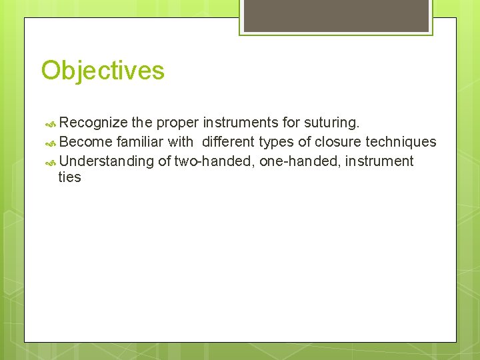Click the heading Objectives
coord(103,70)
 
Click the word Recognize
coord(93,123)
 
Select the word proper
coord(178,123)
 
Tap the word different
coord(228,142)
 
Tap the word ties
coord(69,177)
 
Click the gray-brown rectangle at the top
coord(336,15)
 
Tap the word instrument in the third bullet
coord(379,161)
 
